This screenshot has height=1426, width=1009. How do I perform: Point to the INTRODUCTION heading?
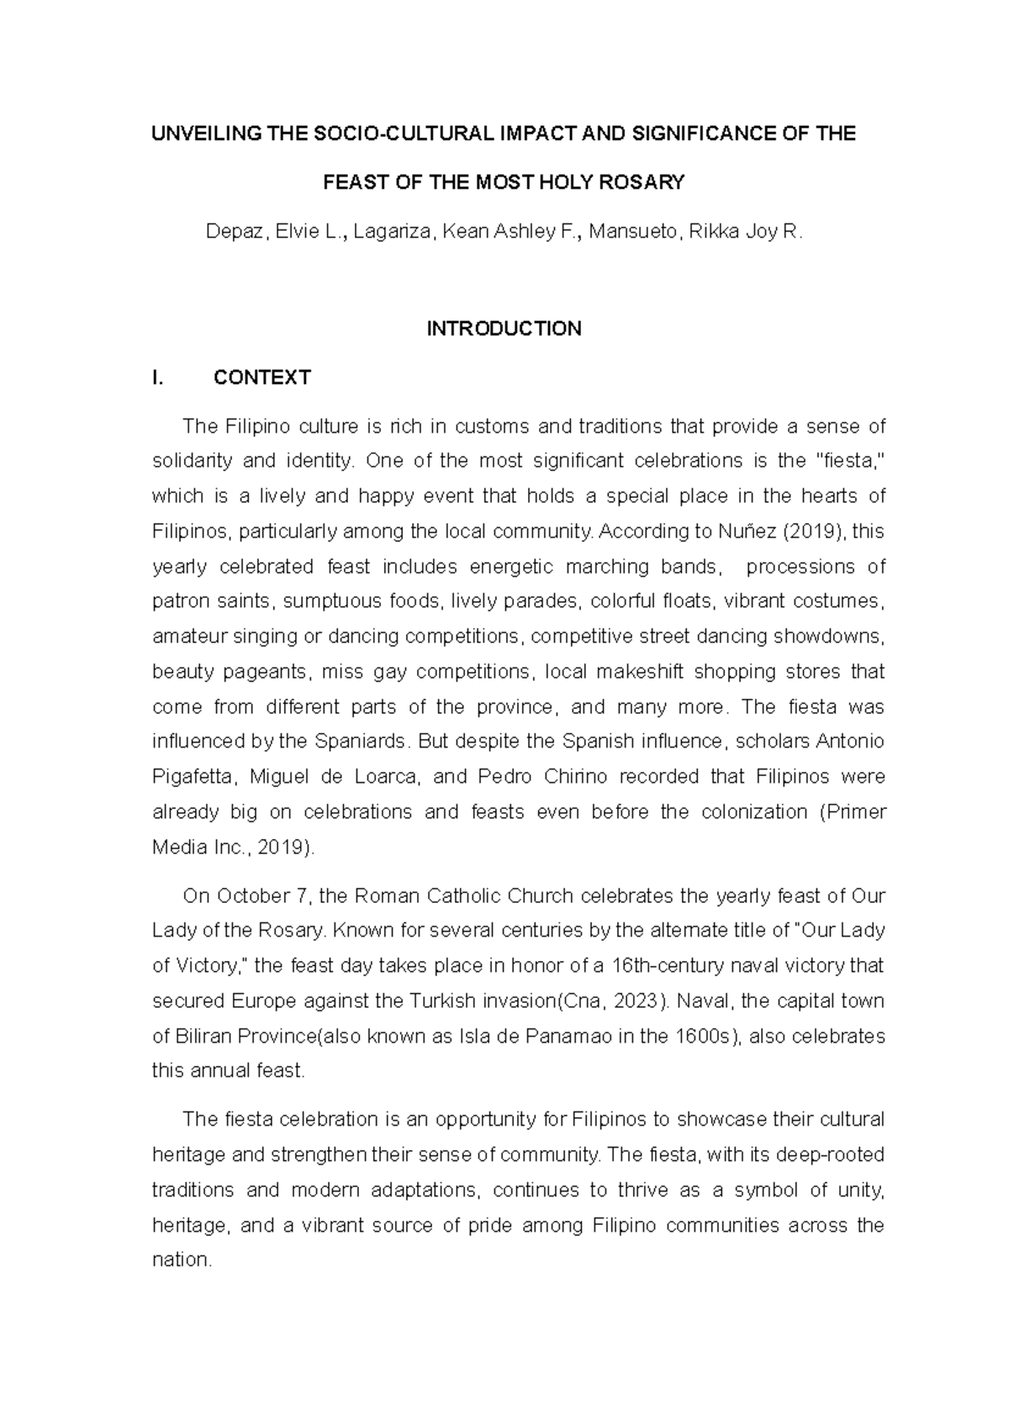coord(504,329)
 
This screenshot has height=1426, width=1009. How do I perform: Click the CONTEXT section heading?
coord(262,378)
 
